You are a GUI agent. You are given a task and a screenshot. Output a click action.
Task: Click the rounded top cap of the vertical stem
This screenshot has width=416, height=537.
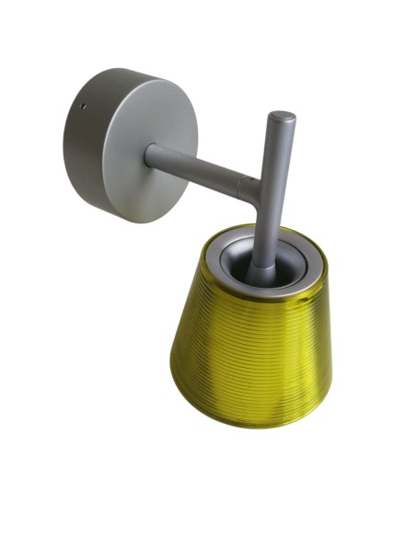[283, 118]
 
